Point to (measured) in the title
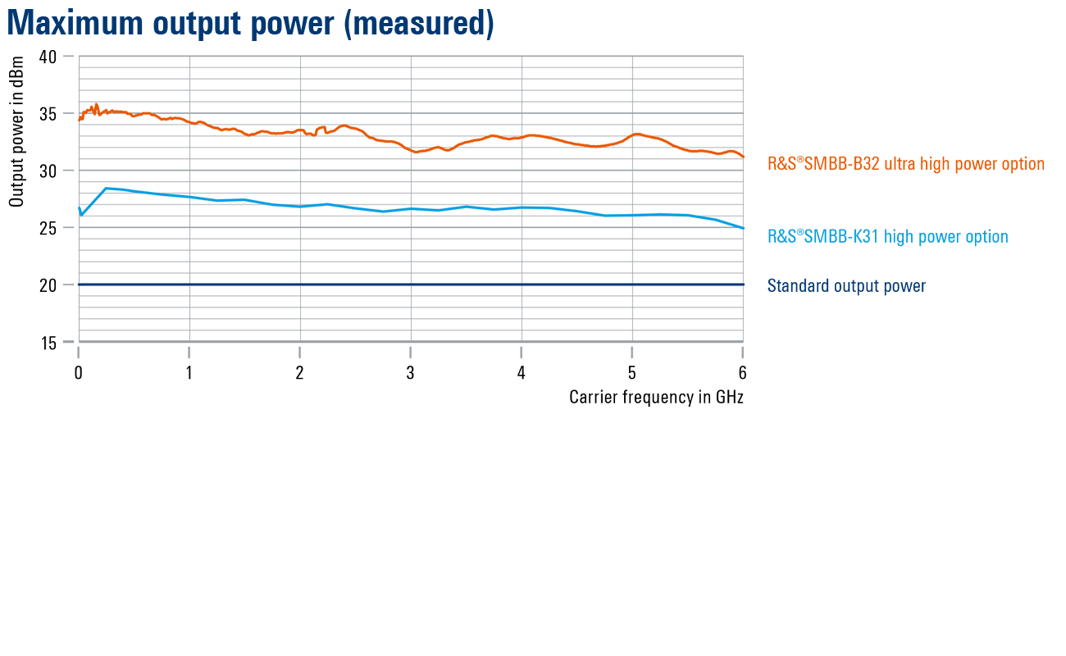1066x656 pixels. pos(418,24)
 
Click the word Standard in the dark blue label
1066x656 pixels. pos(798,286)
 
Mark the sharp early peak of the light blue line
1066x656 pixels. pos(107,189)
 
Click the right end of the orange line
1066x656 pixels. pos(743,156)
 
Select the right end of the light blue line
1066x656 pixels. pos(743,227)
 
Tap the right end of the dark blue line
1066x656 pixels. pos(743,285)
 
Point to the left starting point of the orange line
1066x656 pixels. pos(80,120)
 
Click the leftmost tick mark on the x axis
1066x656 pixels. pos(79,353)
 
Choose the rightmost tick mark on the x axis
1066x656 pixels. pos(743,353)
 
